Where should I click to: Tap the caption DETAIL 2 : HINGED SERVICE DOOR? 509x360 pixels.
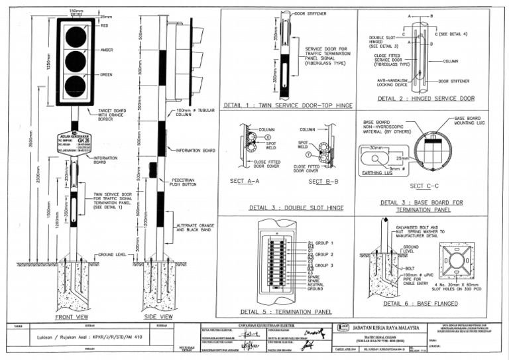(x=426, y=99)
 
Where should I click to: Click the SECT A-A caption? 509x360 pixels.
(x=247, y=181)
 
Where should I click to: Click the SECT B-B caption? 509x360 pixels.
(x=319, y=181)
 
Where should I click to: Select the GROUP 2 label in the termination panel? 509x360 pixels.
(x=323, y=255)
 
